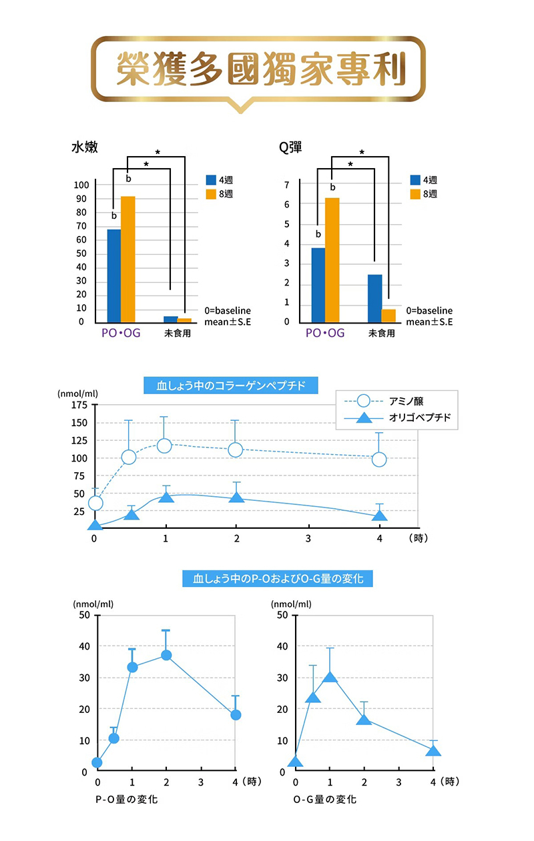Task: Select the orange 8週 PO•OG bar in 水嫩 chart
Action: [127, 259]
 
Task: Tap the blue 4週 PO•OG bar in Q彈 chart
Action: [318, 285]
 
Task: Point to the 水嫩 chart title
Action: [85, 147]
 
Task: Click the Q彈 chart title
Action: [290, 147]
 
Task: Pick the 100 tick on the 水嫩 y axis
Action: [81, 185]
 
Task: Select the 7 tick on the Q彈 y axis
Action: [286, 185]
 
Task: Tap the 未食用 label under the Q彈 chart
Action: [381, 333]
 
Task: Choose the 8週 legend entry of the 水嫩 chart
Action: [223, 194]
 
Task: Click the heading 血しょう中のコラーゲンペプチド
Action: [230, 385]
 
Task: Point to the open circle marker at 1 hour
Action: [164, 445]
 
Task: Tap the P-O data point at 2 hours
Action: [166, 655]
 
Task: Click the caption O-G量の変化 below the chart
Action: [325, 799]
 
